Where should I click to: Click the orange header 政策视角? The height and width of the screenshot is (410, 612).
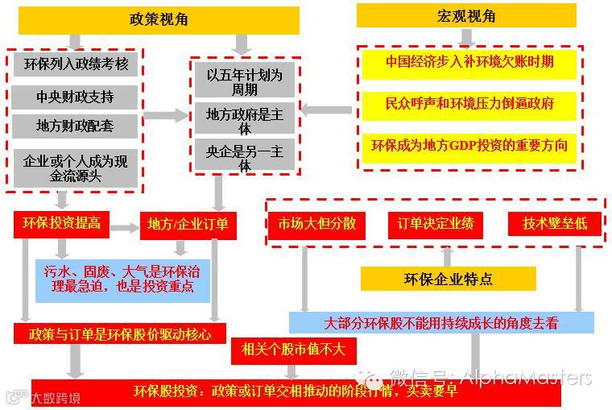point(159,19)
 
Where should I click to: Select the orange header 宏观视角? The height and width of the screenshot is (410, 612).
point(466,16)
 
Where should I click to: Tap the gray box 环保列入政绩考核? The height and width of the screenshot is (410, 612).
point(76,64)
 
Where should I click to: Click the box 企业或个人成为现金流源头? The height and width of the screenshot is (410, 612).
point(76,168)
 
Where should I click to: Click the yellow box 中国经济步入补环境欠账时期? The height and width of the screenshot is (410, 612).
point(469,62)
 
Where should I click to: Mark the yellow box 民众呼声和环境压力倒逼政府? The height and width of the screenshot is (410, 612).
point(469,104)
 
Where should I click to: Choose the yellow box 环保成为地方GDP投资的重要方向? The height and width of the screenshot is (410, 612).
point(469,146)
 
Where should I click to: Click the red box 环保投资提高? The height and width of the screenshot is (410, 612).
point(61,225)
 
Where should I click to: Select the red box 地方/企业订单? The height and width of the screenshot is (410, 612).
point(188,225)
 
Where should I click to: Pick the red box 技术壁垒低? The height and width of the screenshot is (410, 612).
point(555,223)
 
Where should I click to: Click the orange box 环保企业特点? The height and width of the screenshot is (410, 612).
point(448,279)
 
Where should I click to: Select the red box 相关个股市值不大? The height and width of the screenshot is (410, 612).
point(287,350)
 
